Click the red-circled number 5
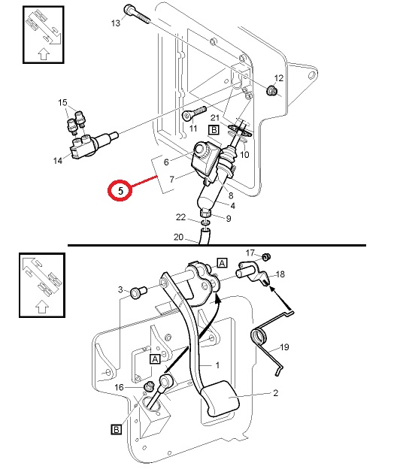tap(120, 191)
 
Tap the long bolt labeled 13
tap(137, 14)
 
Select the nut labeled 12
tap(271, 90)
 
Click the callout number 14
tap(58, 161)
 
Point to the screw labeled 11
tap(194, 113)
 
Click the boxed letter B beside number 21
tap(214, 130)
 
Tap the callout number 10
tap(244, 154)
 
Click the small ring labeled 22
tap(205, 222)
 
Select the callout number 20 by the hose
tap(178, 237)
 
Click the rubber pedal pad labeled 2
tap(220, 398)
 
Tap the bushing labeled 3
tap(138, 292)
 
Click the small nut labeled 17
tap(266, 256)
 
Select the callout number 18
tap(280, 274)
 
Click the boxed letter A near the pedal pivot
tap(222, 263)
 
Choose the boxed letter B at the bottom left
tap(116, 429)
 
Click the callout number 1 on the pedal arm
tap(218, 365)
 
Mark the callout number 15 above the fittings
tap(62, 102)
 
